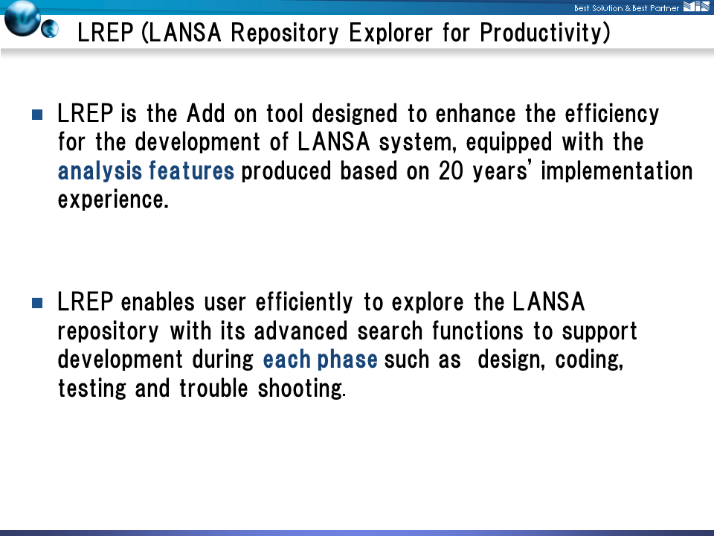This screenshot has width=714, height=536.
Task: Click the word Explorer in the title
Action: pos(390,32)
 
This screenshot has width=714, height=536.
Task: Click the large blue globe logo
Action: pos(22,18)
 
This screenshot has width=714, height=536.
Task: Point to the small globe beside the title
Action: pos(50,29)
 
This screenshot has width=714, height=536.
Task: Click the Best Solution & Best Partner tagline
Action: pos(626,8)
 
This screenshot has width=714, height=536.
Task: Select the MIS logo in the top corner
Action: pos(696,6)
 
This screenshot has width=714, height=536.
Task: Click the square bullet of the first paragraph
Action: pos(37,115)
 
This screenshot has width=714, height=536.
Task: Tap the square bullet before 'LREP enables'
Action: pos(37,303)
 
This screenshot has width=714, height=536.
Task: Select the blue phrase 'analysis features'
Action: pos(146,171)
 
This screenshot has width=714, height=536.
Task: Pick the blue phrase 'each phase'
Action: pos(320,360)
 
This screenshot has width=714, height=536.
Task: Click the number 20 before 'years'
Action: pos(451,171)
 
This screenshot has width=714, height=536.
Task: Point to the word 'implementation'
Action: pos(617,171)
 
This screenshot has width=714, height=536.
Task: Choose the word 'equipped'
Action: pos(509,143)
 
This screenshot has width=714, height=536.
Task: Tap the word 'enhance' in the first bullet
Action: pos(475,114)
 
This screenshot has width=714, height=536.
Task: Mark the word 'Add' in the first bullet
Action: pos(206,114)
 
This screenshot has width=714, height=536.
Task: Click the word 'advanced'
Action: pos(300,331)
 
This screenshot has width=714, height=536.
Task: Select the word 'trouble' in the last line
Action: pos(213,389)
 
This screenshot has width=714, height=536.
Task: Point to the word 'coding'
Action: pos(588,360)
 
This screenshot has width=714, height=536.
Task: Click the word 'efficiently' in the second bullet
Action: pos(303,303)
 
